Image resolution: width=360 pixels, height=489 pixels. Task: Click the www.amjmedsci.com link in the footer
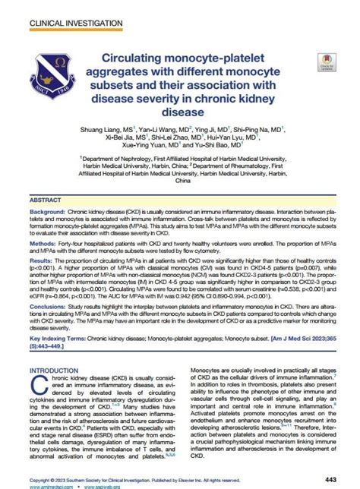tap(47, 486)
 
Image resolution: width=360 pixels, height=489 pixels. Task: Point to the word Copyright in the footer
tap(42, 479)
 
